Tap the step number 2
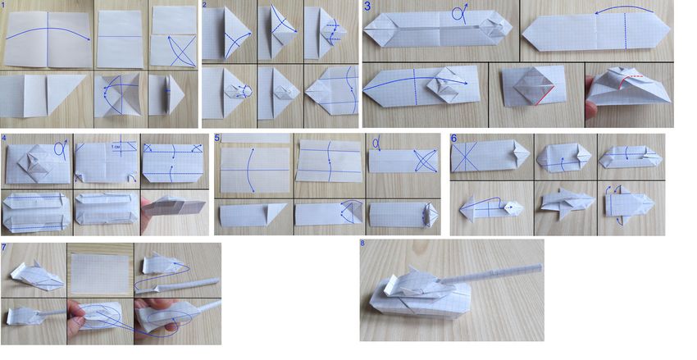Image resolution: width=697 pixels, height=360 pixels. (x=204, y=5)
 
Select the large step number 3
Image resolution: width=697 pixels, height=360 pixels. (x=367, y=7)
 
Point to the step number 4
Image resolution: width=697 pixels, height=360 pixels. (x=4, y=138)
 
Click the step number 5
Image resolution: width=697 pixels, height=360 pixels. (x=217, y=139)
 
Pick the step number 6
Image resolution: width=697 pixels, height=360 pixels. (x=453, y=139)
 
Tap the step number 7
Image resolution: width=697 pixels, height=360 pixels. (x=3, y=247)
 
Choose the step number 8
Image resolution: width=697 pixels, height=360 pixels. (x=362, y=244)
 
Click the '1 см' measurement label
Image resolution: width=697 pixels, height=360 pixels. (x=115, y=146)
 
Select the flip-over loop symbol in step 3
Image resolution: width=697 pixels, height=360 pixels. (x=460, y=12)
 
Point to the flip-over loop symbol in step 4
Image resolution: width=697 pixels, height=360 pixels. (x=61, y=147)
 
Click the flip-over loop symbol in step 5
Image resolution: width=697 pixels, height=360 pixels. (x=377, y=144)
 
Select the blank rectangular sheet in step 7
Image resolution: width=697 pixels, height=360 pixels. (x=100, y=268)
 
